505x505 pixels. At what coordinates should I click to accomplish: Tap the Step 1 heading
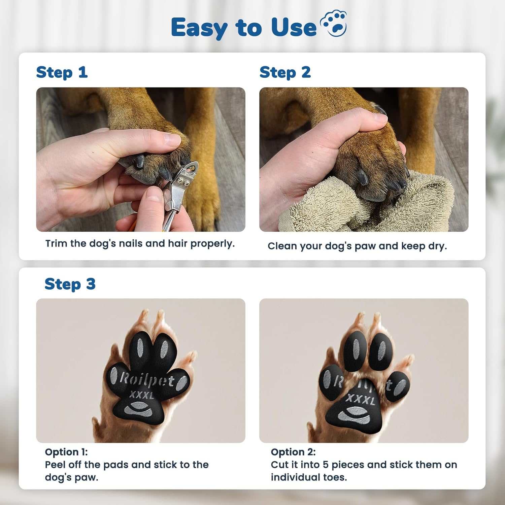click(x=62, y=73)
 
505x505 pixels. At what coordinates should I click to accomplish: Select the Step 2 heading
click(x=285, y=73)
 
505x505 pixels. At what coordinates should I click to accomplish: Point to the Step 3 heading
click(x=70, y=284)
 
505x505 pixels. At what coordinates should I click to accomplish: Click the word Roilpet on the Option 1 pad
click(x=147, y=380)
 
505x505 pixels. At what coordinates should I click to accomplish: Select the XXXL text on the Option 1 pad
click(x=141, y=395)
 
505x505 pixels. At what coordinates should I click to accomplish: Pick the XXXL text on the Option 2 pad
click(x=360, y=400)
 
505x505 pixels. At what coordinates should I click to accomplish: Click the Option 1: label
click(x=66, y=452)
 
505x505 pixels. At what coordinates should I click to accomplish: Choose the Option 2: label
click(x=293, y=452)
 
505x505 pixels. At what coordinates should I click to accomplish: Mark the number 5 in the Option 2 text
click(x=325, y=465)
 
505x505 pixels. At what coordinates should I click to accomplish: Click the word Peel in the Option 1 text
click(x=56, y=465)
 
